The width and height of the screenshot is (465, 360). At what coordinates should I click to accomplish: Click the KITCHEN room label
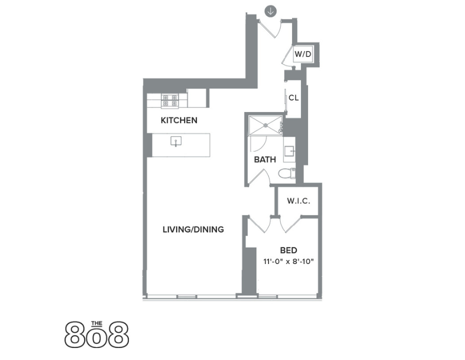point(178,120)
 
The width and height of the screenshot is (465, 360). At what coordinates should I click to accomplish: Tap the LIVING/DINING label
point(193,230)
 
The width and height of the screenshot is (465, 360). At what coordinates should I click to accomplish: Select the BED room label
point(288,250)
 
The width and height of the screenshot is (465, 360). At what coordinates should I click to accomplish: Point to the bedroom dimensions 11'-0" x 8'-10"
point(288,261)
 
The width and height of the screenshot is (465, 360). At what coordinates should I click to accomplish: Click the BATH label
point(265,160)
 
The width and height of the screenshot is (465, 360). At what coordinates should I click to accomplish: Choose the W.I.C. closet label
point(298,201)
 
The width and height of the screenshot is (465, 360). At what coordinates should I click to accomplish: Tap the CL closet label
point(293,98)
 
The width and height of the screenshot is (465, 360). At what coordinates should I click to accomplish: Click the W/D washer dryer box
point(303,54)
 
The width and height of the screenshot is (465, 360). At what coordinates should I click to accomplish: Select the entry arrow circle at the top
point(271,10)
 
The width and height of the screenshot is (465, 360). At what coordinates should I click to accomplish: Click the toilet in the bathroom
point(286,174)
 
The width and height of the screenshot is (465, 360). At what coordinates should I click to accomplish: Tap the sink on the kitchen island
point(175,141)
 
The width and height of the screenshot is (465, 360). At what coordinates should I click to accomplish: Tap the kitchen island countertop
point(195,145)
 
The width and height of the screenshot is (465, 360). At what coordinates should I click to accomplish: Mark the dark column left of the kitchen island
point(149,145)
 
